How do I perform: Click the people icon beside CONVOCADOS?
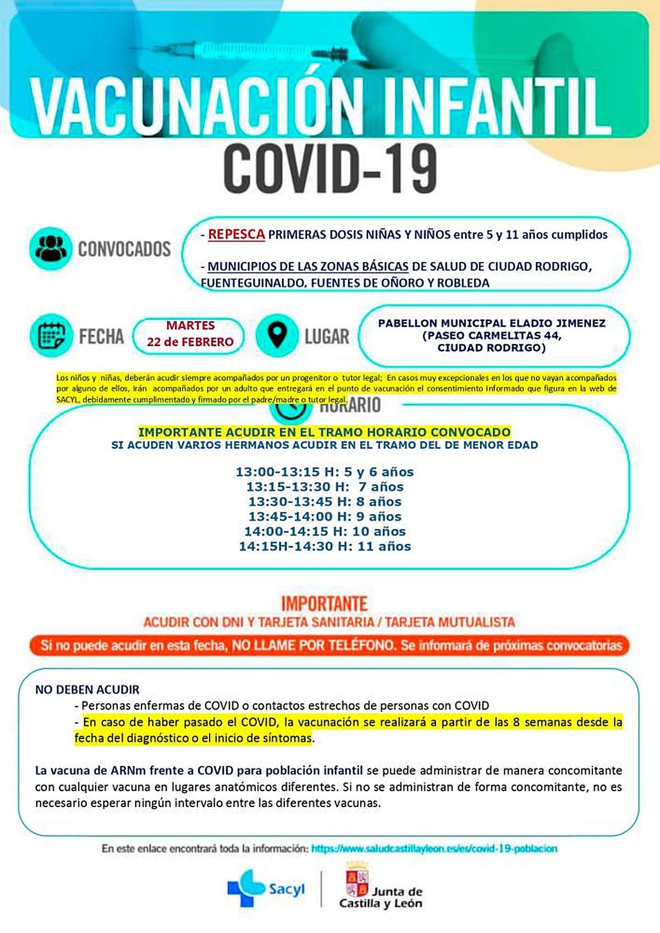point(51,248)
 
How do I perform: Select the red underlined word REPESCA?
point(237,234)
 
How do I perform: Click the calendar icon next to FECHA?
point(51,335)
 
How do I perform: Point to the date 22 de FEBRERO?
point(190,342)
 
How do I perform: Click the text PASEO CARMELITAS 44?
point(492,335)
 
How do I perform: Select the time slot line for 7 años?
point(324,487)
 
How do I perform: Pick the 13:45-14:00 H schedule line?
point(324,516)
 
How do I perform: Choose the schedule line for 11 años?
point(324,546)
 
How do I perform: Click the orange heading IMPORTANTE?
point(324,603)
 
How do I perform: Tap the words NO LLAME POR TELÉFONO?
point(313,645)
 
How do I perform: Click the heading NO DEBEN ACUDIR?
point(87,689)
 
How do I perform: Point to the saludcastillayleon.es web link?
point(434,848)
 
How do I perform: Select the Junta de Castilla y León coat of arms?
point(356,879)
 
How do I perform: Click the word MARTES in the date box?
point(190,325)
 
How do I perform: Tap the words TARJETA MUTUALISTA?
point(450,622)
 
